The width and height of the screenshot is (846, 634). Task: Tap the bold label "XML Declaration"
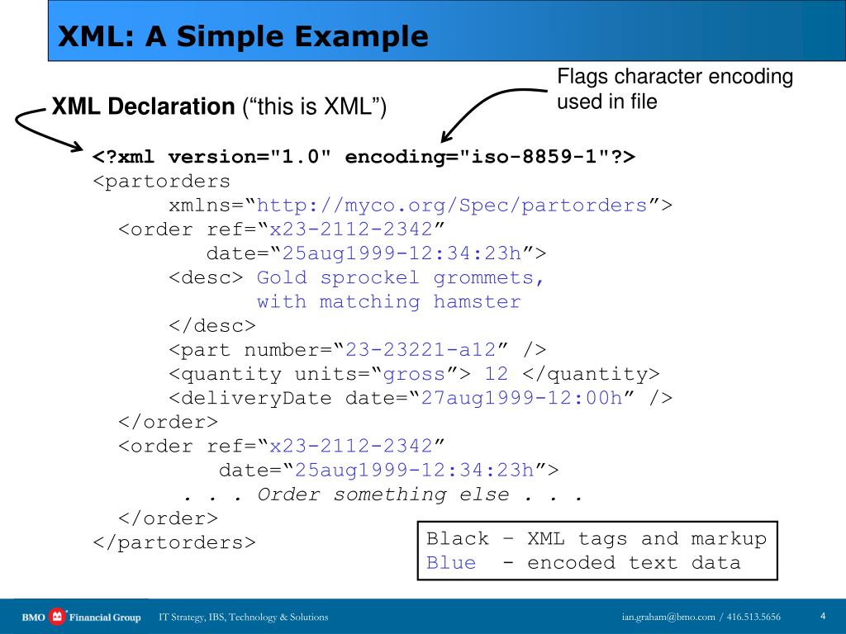[x=144, y=107]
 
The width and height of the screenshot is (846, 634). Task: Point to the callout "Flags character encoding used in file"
[x=675, y=89]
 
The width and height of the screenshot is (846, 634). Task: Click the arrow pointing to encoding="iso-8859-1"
[x=487, y=107]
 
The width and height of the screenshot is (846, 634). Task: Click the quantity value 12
[x=497, y=374]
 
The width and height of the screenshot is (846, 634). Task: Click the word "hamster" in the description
[x=478, y=302]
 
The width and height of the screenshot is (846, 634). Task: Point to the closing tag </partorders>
[x=174, y=542]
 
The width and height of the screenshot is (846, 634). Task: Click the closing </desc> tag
[x=212, y=326]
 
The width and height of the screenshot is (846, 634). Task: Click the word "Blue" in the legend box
[x=451, y=563]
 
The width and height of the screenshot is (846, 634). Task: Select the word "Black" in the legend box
[x=458, y=539]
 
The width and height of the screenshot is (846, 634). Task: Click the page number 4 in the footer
[x=823, y=616]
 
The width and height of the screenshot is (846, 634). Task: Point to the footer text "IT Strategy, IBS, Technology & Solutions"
[x=244, y=617]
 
